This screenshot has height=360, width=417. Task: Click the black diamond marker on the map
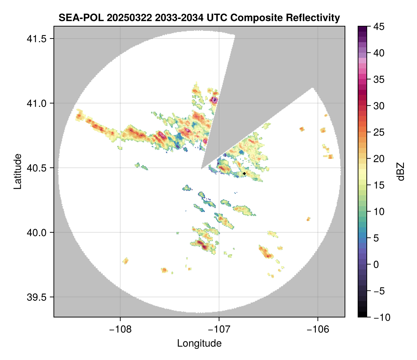(245, 173)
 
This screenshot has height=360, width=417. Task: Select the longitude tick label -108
(120, 329)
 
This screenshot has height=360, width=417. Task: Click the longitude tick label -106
(318, 329)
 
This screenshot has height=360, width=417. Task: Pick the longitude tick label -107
(219, 329)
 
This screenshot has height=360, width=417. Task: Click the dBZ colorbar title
(400, 172)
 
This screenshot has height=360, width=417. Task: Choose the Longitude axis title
(199, 343)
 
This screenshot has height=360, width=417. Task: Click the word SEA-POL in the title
(78, 17)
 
